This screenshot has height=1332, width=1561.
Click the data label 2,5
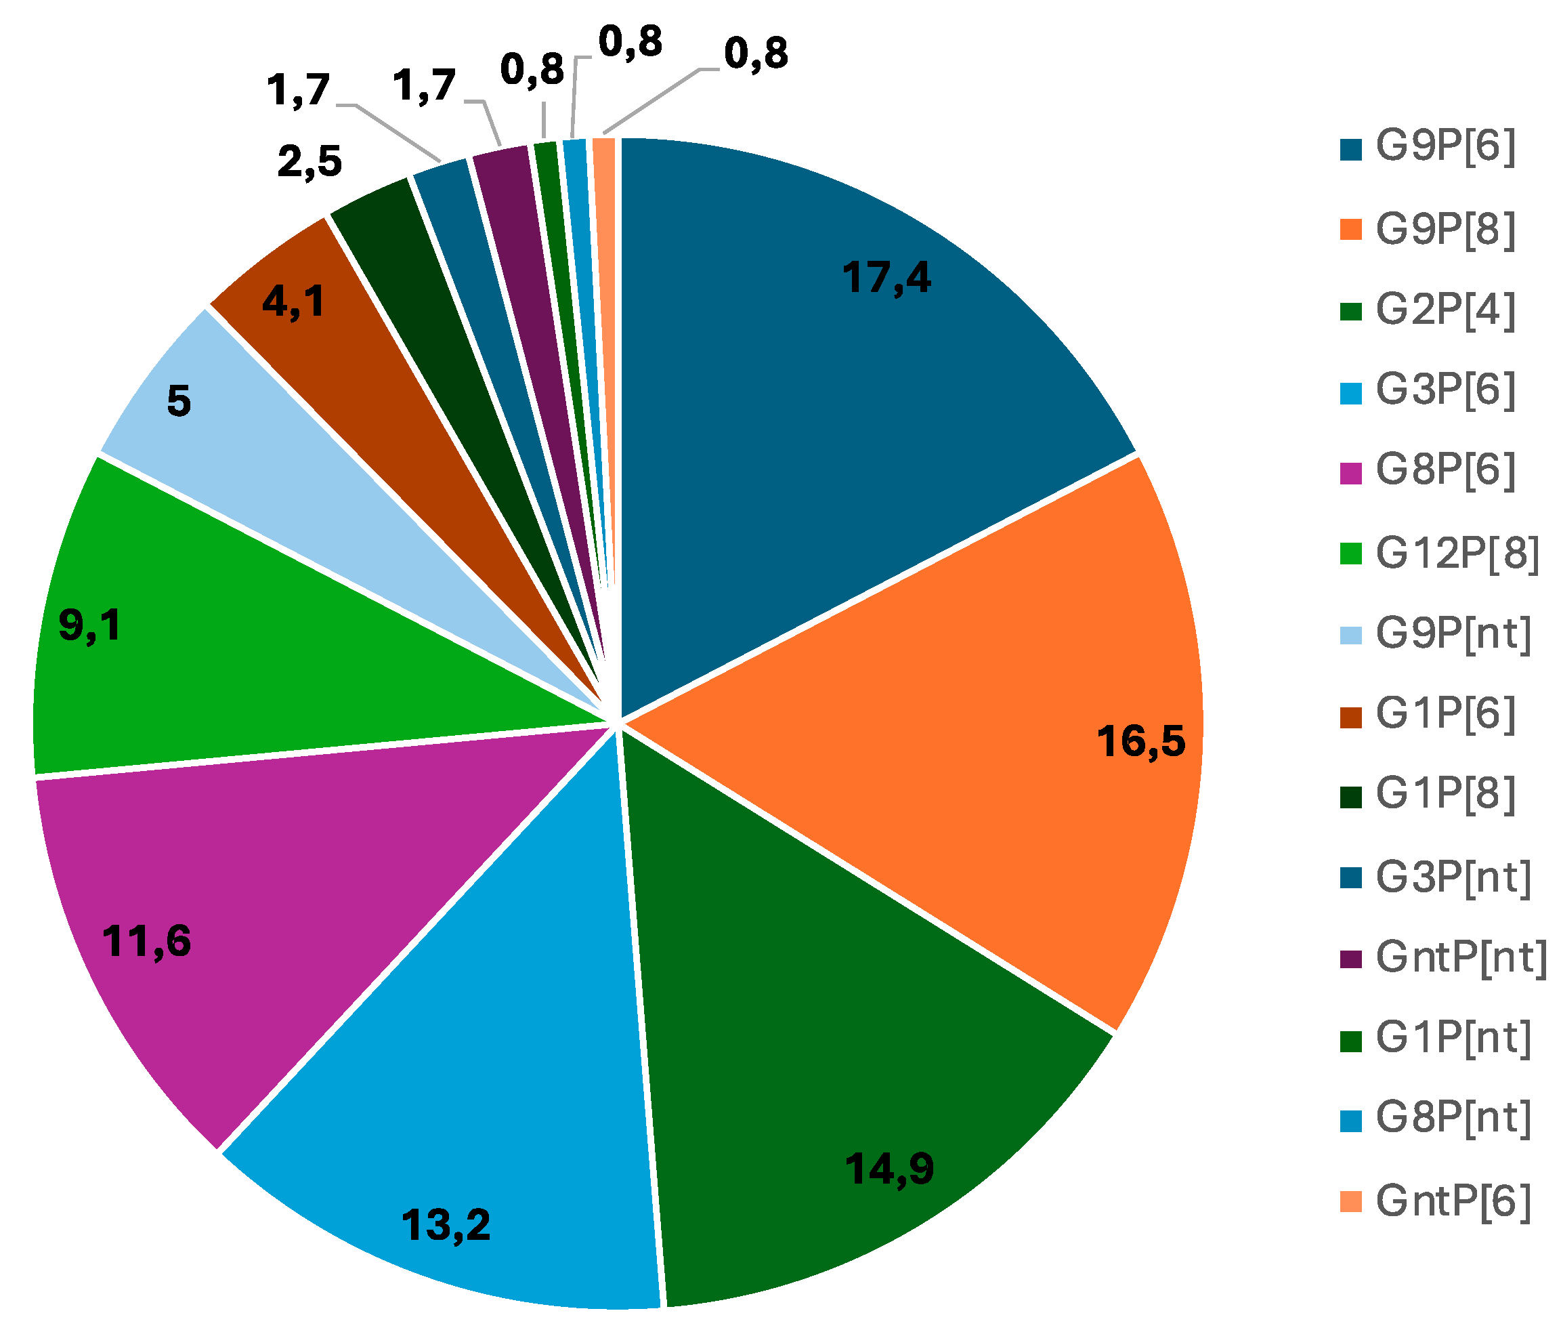click(x=309, y=162)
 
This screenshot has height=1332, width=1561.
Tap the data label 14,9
click(x=889, y=1169)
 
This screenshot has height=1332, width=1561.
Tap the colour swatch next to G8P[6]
click(x=1352, y=474)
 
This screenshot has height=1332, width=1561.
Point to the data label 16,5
click(x=1140, y=741)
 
